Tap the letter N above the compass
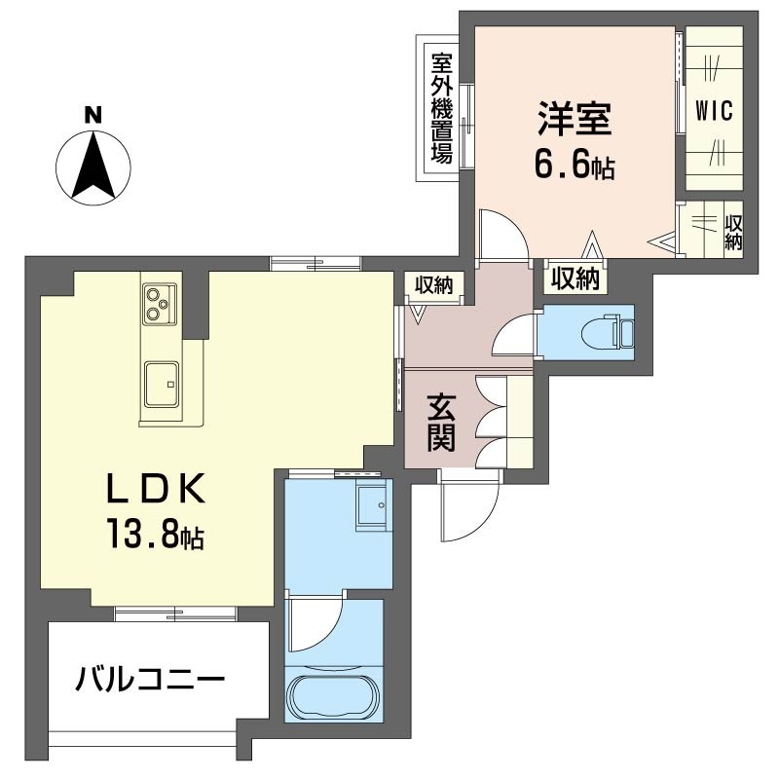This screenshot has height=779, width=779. click(x=93, y=114)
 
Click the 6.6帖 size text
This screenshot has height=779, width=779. click(x=574, y=165)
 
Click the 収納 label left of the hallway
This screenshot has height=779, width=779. click(x=434, y=284)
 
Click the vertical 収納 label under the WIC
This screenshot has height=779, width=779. click(x=733, y=232)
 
